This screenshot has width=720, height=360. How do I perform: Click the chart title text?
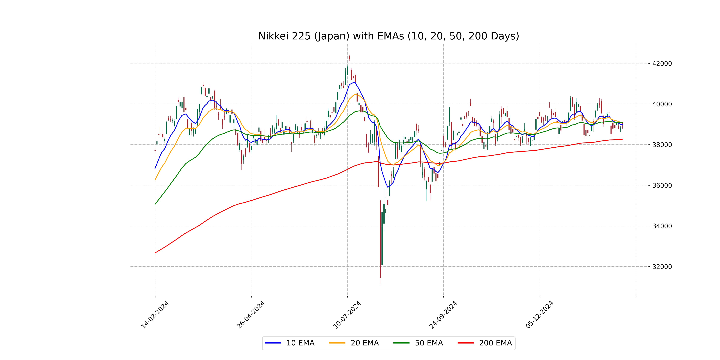point(388,36)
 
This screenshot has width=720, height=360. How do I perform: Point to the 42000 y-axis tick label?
point(662,63)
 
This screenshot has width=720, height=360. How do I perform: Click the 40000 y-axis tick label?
point(662,104)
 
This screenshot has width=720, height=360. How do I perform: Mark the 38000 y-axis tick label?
point(662,145)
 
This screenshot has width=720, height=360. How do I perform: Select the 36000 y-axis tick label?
point(662,185)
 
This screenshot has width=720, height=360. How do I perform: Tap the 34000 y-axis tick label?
point(662,226)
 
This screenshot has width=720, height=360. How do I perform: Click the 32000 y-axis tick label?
point(662,267)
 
